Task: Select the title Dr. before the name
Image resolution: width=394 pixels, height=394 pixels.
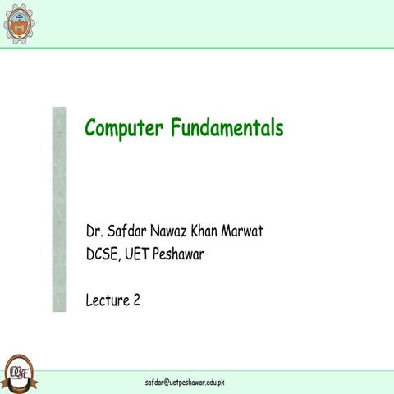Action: pos(96,231)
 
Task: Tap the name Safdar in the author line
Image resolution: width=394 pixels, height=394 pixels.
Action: pos(131,231)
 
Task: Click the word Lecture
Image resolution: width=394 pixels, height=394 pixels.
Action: pos(108,300)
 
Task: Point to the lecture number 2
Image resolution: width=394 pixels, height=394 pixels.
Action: pos(135,300)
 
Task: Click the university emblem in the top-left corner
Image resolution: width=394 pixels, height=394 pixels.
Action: pos(20,23)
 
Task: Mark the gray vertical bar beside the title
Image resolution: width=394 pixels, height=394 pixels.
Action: pos(59,208)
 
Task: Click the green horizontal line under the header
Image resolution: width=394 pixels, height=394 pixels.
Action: pos(197,48)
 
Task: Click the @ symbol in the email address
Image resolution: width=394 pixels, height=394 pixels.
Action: pos(167,383)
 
